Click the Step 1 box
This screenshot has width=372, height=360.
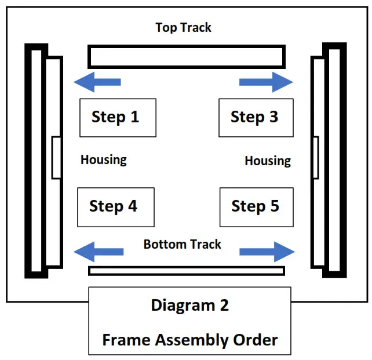[x=118, y=118]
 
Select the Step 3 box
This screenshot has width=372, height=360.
[x=256, y=118]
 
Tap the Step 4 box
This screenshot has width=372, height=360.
[x=115, y=207]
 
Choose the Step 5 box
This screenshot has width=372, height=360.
[x=256, y=206]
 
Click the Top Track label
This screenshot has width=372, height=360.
[x=183, y=27]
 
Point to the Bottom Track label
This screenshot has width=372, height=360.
[x=182, y=244]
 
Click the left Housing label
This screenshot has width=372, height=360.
[x=103, y=159]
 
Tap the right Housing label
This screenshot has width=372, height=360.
[x=268, y=161]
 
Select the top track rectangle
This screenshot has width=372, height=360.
[x=186, y=57]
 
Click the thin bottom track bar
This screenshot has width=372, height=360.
[x=186, y=271]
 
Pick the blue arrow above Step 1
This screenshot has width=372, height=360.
[x=97, y=82]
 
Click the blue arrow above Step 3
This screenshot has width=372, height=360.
[x=266, y=82]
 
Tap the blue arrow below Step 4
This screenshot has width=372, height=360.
[x=99, y=252]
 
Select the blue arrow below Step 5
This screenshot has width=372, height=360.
[x=267, y=252]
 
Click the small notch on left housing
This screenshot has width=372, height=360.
[x=56, y=158]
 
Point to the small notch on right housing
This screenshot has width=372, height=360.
[x=315, y=158]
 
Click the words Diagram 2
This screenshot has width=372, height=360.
[x=189, y=306]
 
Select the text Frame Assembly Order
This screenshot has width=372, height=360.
[x=189, y=340]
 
